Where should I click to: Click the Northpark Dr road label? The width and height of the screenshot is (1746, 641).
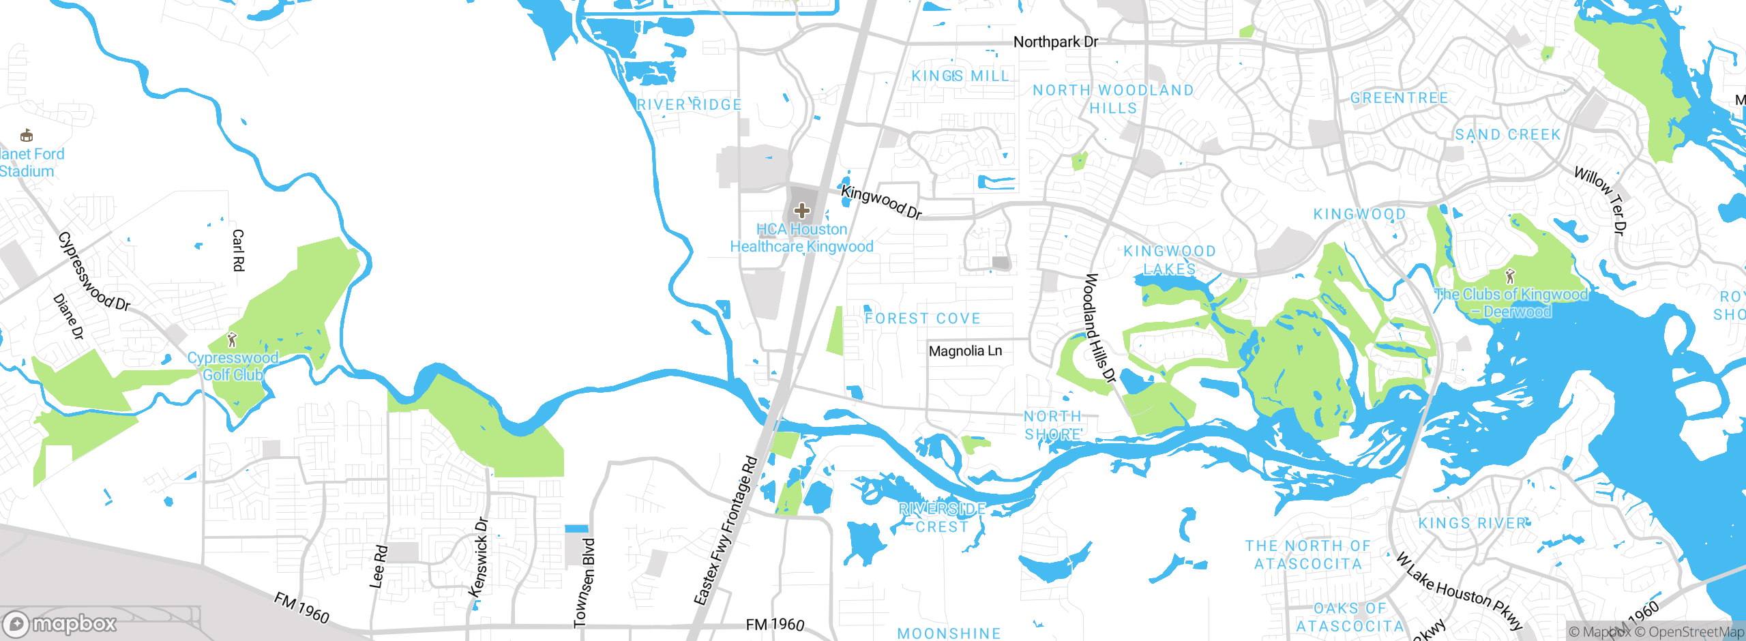(x=1055, y=42)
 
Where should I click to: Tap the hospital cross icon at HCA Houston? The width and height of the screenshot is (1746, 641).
(x=802, y=210)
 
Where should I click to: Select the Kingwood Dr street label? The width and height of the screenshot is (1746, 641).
(x=881, y=203)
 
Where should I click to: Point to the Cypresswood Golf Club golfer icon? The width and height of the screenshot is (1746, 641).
(x=232, y=339)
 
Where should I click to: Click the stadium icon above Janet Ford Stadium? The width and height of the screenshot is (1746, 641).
(x=27, y=135)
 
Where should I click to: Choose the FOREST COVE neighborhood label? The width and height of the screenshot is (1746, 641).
(x=922, y=318)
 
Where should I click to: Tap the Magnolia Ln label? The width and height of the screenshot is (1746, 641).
(x=965, y=351)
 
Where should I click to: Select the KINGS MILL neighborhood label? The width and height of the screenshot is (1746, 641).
(x=960, y=76)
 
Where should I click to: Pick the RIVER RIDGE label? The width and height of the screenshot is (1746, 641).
(x=689, y=105)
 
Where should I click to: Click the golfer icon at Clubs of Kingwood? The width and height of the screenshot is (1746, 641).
(x=1510, y=277)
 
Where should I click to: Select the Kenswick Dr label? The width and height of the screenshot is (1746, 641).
(x=480, y=558)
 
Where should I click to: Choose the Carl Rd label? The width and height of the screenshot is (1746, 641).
(x=238, y=250)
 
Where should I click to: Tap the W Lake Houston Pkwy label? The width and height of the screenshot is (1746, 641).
(x=1459, y=591)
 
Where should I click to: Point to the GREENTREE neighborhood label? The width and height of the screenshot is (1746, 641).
(x=1399, y=98)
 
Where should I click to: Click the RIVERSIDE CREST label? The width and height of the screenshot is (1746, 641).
(x=942, y=518)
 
